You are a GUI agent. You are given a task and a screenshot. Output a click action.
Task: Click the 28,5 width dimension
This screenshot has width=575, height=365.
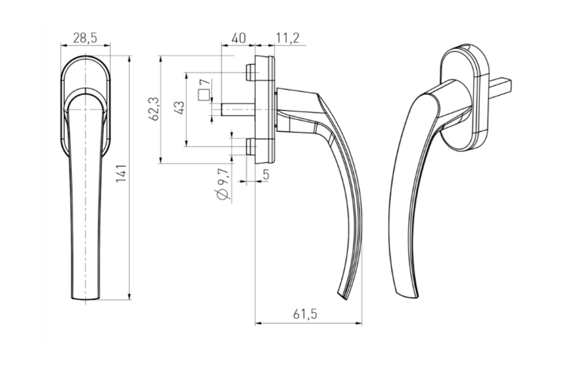pos(85,38)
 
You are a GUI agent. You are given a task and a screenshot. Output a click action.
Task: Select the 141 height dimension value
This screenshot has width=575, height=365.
pos(121,173)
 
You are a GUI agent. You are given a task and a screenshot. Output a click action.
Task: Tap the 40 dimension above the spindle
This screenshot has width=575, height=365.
pos(238,38)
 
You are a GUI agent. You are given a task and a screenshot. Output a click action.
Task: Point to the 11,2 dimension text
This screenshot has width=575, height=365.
pos(287,38)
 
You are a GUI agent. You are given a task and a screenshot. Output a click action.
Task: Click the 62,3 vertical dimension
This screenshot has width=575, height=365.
pos(154,109)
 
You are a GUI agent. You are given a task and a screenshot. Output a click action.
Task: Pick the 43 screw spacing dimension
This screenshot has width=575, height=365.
pos(180,108)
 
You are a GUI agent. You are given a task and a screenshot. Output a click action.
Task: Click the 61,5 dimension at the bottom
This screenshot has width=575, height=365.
pos(305,314)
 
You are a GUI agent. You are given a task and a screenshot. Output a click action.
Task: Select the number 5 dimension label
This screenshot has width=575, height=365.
pos(266,174)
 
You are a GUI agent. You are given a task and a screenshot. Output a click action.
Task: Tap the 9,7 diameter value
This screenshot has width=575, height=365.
pos(223,178)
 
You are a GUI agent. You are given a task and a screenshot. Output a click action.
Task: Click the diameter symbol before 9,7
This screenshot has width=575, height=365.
pos(223,195)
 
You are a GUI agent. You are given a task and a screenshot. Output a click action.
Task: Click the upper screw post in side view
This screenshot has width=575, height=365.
pos(251,72)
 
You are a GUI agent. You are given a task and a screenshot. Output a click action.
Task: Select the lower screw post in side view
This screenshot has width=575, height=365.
pos(251,146)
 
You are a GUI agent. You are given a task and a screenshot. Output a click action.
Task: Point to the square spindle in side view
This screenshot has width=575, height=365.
pos(238,109)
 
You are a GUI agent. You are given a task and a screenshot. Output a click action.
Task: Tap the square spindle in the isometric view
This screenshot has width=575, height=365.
pos(500,87)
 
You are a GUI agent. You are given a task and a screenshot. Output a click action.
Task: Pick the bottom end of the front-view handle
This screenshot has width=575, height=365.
pos(85,299)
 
